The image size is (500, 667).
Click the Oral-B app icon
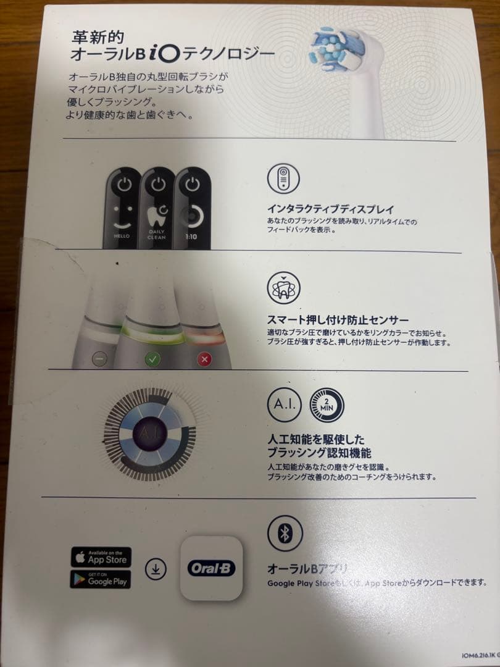coord(211,569)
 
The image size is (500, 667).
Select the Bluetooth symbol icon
coord(284,534)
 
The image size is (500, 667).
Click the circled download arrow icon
coord(156,569)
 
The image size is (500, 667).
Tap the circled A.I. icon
coord(284,405)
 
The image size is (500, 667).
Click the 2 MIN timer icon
coord(327,405)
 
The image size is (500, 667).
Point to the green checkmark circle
coord(152,358)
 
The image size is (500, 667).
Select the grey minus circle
coord(99,358)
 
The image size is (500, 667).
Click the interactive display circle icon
coord(283,177)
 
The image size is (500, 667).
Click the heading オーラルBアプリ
coord(308,569)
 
